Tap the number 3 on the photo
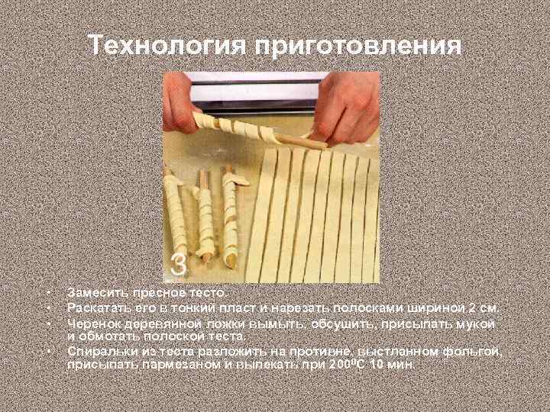[x=178, y=265]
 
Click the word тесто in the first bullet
[x=211, y=292]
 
